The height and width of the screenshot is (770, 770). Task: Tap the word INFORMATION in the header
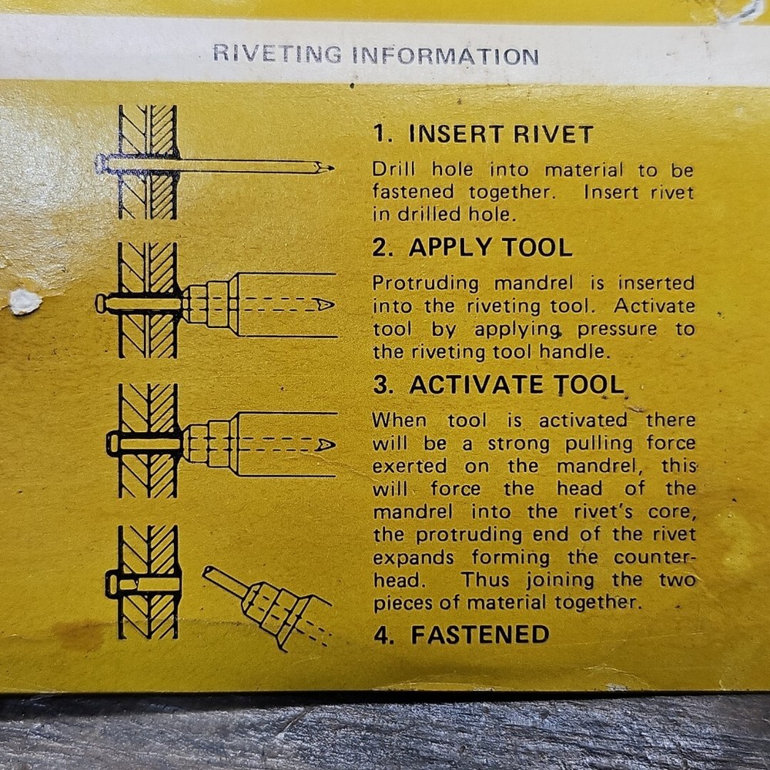[445, 56]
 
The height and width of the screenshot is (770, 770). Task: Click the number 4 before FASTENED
[380, 635]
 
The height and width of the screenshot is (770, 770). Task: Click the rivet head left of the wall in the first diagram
[101, 163]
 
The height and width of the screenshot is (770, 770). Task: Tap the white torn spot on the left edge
[24, 301]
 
